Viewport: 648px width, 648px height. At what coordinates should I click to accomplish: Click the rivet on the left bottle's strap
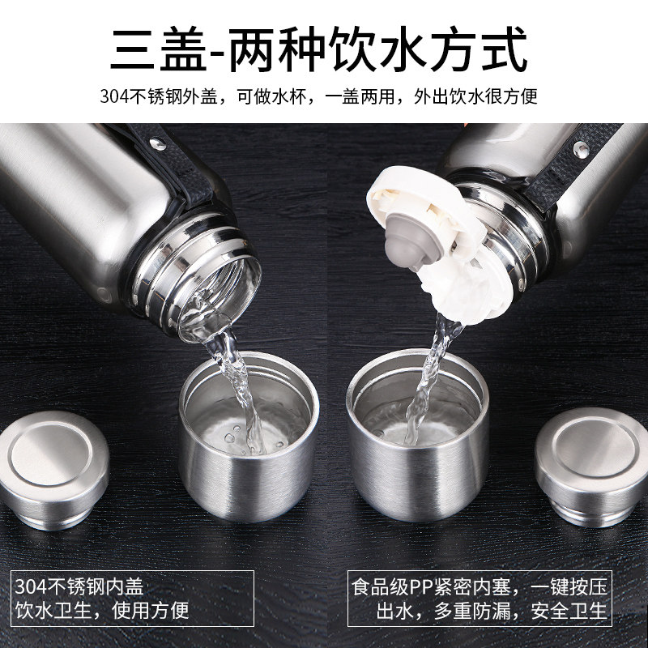coord(157,144)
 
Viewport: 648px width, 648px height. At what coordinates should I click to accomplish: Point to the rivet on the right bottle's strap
coord(581,148)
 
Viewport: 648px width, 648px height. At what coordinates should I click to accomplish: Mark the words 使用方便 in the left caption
coord(150,611)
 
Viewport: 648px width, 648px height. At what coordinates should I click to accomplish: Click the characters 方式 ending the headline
coord(479,49)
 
